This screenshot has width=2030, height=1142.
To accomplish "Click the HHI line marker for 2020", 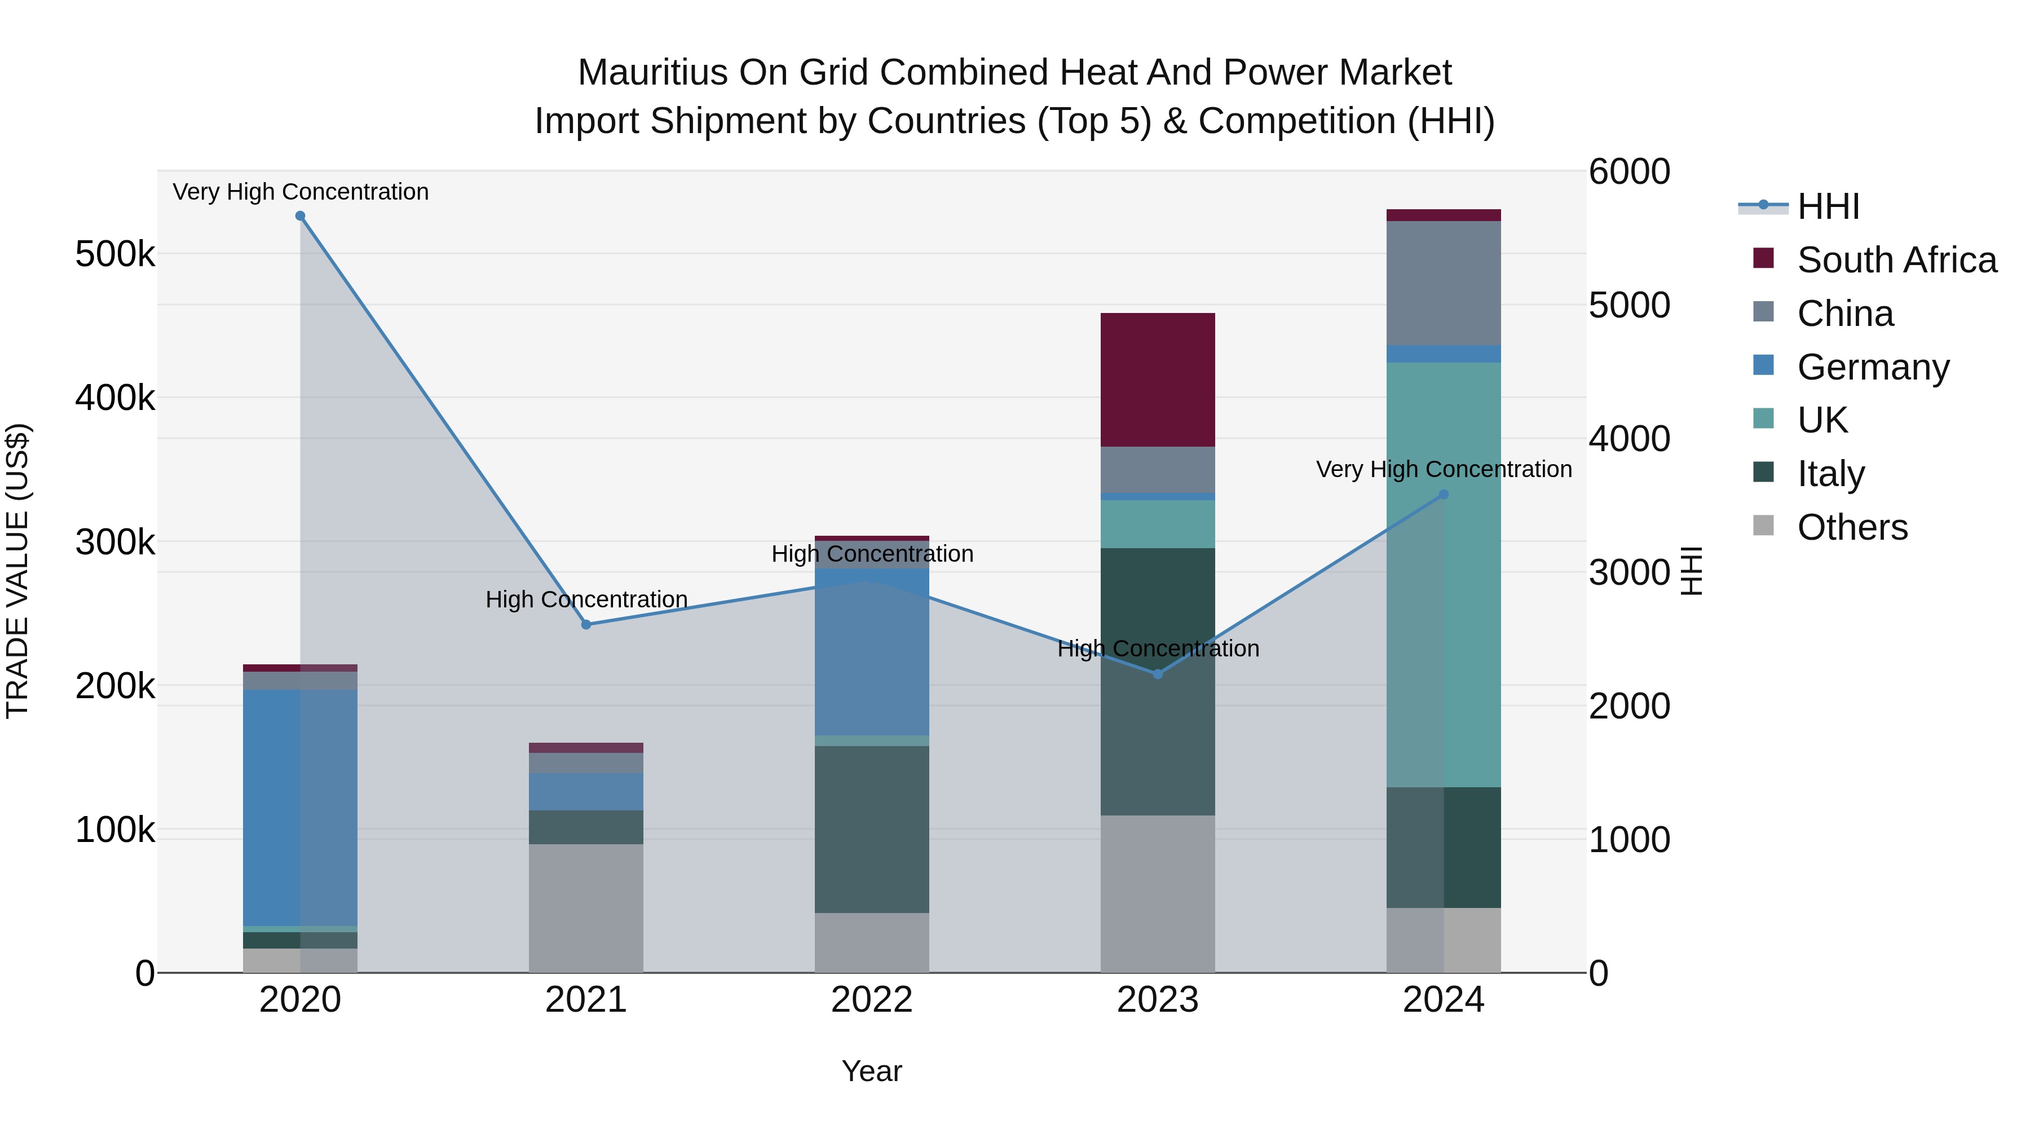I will (300, 216).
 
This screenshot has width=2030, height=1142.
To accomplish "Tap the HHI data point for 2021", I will (586, 624).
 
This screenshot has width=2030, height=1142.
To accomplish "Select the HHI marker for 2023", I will (1158, 674).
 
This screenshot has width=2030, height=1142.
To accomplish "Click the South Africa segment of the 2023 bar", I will (1158, 380).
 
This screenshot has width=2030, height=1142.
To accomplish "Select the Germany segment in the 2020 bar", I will (300, 807).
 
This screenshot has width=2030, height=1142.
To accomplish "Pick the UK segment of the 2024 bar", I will (1444, 575).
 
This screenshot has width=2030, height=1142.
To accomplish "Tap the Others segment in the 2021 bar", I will (586, 908).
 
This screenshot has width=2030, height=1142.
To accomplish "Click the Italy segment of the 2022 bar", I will (872, 829).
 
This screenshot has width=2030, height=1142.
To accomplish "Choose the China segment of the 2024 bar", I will (1444, 283).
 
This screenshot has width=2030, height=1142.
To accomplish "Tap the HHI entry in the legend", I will (1828, 206).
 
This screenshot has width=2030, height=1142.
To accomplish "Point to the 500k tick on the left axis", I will (115, 254).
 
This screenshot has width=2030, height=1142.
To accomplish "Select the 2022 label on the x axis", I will (872, 1000).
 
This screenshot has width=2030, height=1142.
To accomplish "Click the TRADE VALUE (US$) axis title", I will (17, 571).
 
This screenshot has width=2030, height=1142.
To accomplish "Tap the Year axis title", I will (872, 1071).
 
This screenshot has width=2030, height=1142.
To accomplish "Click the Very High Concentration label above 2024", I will (1444, 469).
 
